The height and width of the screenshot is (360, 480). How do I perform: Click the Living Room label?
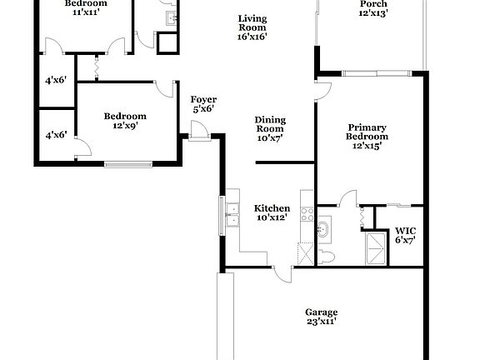(252, 27)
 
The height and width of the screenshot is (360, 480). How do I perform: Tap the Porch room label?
(372, 7)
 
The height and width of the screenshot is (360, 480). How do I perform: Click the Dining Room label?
(269, 128)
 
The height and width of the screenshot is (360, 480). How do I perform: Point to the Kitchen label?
(272, 213)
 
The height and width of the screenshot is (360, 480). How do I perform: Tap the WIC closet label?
(405, 235)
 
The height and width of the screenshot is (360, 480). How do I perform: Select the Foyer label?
(204, 103)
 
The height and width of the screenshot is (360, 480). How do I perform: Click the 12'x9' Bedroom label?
(125, 122)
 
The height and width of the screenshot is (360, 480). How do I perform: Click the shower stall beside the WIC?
(378, 247)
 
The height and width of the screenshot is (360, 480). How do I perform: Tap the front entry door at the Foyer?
(198, 131)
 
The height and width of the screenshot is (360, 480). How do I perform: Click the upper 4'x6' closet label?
(56, 81)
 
